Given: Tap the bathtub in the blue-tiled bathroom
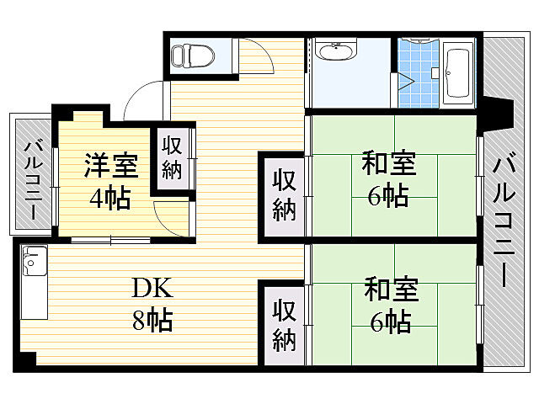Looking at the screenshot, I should (457, 72).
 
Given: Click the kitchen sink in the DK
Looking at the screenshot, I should (34, 262).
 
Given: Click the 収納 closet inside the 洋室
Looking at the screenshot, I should (173, 157).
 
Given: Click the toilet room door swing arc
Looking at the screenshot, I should (258, 59).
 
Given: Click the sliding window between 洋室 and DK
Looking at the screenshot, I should (110, 241).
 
